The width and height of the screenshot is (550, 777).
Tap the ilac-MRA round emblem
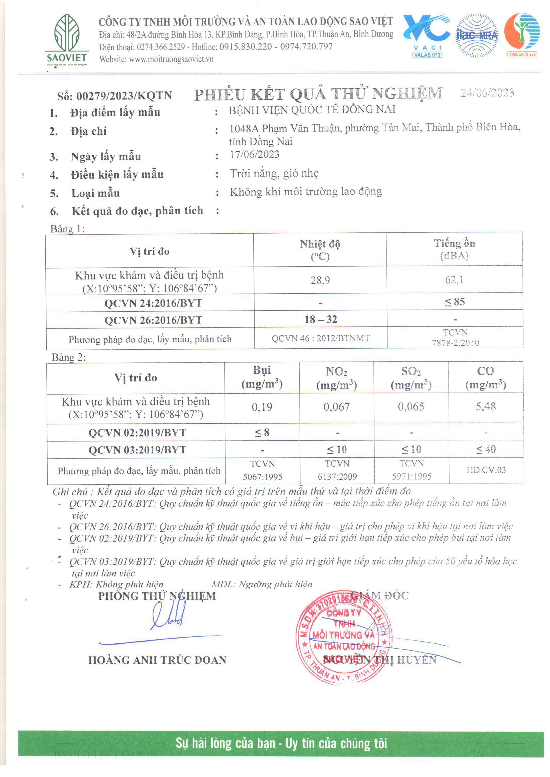pyautogui.click(x=477, y=35)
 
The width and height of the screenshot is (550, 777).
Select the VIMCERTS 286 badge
pyautogui.click(x=522, y=54)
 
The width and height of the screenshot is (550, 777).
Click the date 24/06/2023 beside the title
pyautogui.click(x=487, y=93)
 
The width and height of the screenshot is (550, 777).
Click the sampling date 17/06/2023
pyautogui.click(x=254, y=155)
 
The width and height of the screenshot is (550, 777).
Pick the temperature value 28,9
pyautogui.click(x=320, y=280)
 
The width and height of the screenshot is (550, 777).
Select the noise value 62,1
pyautogui.click(x=454, y=280)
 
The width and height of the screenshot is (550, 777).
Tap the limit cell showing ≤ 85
pyautogui.click(x=455, y=302)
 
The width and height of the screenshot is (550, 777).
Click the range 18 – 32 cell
pyautogui.click(x=320, y=319)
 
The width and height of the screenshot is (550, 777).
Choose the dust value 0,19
pyautogui.click(x=262, y=407)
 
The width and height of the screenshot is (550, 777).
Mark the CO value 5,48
pyautogui.click(x=485, y=406)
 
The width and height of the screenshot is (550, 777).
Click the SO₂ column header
pyautogui.click(x=411, y=378)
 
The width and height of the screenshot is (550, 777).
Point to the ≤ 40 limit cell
pyautogui.click(x=485, y=449)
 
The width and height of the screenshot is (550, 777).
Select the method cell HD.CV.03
pyautogui.click(x=485, y=470)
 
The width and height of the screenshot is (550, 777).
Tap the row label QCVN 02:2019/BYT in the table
pyautogui.click(x=137, y=432)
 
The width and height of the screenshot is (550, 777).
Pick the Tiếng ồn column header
pyautogui.click(x=454, y=249)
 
